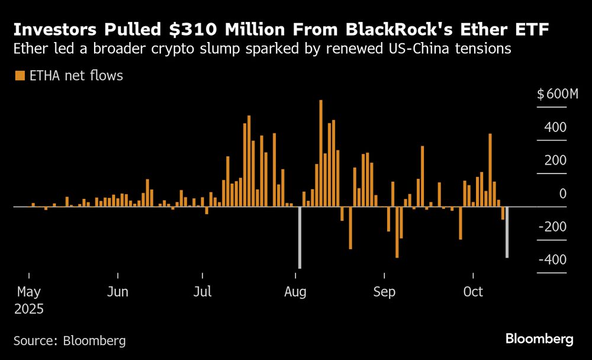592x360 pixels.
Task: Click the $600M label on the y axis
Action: (557, 94)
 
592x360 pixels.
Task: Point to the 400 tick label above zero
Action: (555, 127)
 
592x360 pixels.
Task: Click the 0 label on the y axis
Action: (563, 194)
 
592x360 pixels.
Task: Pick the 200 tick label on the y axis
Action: (555, 160)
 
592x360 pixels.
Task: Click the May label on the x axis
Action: (29, 292)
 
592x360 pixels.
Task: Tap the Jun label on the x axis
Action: (118, 292)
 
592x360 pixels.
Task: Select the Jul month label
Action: (202, 292)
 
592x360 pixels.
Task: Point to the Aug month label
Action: (295, 292)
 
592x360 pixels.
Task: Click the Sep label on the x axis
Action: (384, 292)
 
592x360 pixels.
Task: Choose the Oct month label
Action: (473, 292)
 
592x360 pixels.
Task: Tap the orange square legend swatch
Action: (20, 75)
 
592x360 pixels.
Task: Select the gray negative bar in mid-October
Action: (507, 232)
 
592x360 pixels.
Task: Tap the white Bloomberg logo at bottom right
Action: (539, 339)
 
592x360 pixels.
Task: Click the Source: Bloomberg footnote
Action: (69, 340)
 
